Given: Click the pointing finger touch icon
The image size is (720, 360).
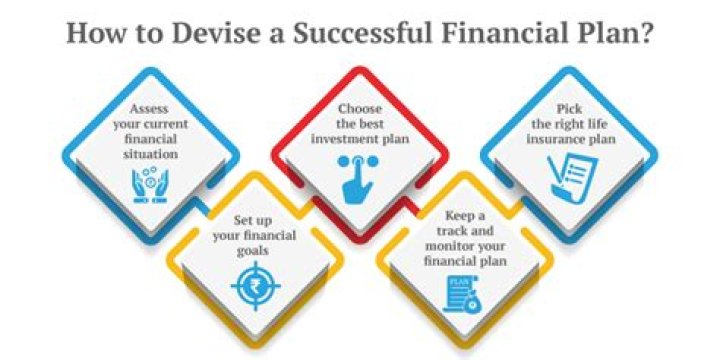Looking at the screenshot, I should (358, 179).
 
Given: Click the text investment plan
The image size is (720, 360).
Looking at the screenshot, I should (357, 137).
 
